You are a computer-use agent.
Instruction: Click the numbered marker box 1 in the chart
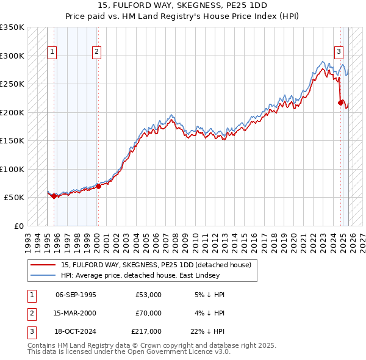(x=52, y=52)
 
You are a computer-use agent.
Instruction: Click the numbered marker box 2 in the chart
(x=97, y=52)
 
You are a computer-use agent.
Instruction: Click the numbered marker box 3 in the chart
(x=339, y=52)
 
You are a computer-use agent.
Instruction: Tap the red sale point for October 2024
(x=340, y=103)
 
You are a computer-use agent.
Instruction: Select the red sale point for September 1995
(x=54, y=196)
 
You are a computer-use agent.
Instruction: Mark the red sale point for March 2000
(x=98, y=186)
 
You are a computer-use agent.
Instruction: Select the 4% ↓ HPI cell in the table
(x=209, y=313)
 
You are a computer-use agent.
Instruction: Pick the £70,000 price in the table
(x=148, y=313)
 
